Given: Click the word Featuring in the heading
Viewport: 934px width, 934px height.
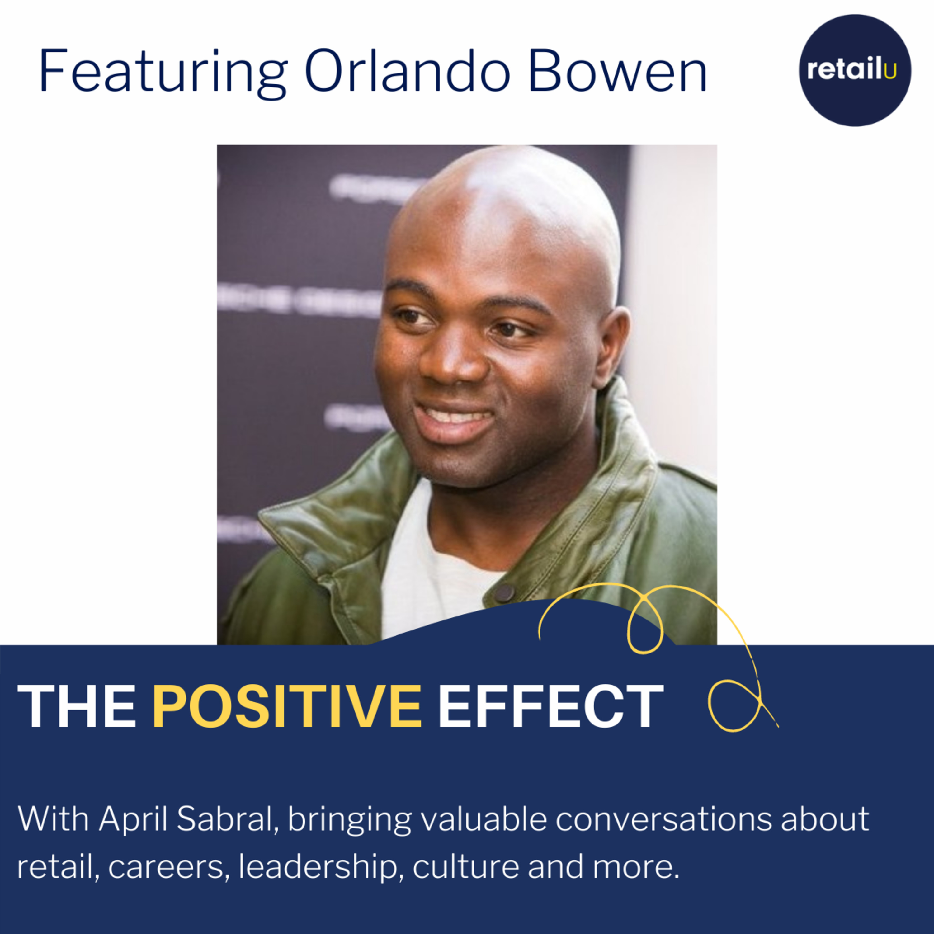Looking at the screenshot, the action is click(163, 73).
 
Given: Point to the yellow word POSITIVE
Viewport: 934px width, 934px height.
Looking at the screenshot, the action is click(287, 706).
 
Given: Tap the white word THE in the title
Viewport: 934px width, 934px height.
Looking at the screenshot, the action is click(77, 706).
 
